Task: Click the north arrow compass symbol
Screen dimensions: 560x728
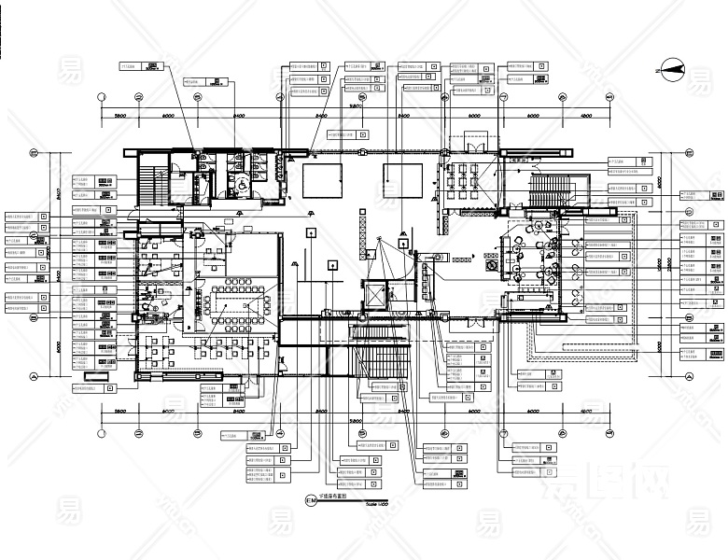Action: [673, 66]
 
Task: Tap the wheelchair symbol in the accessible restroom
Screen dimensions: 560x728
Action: [238, 187]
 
